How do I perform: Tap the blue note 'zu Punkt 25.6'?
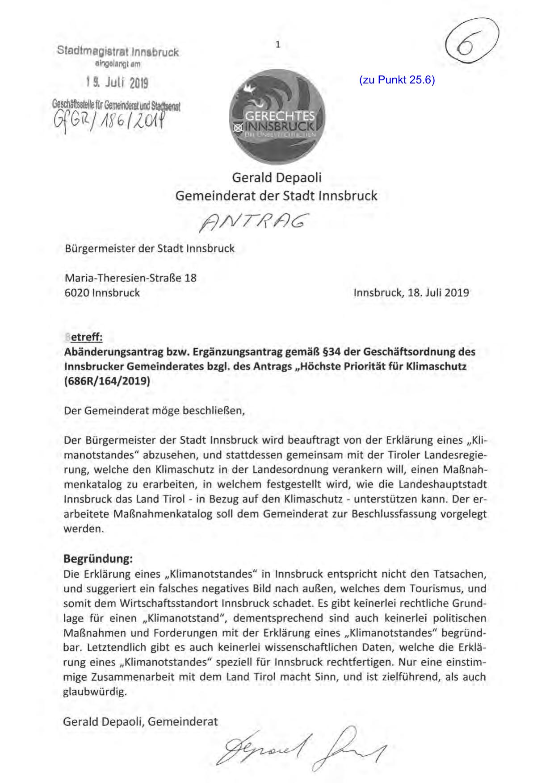point(397,80)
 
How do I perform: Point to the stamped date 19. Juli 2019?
point(117,83)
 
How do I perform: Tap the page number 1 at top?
point(278,44)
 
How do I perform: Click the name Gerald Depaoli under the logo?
point(277,177)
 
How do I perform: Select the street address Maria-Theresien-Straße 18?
point(130,278)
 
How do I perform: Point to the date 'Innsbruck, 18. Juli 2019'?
point(411,293)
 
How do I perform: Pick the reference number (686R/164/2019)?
point(107,382)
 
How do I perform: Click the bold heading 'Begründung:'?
point(98,558)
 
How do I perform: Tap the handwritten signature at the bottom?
point(304,746)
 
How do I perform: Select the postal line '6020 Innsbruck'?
point(102,293)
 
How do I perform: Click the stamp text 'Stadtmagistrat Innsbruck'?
point(118,52)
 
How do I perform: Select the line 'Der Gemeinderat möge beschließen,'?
point(155,411)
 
